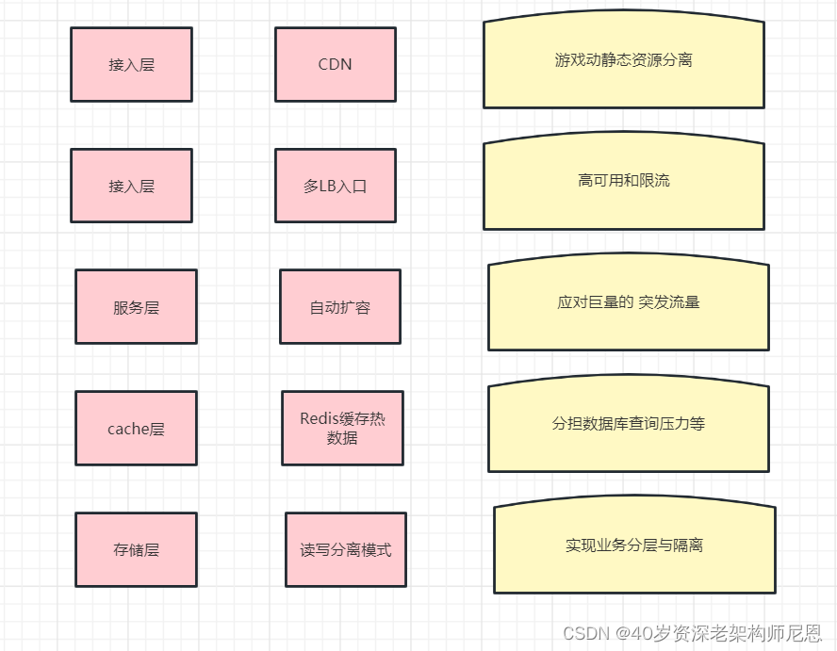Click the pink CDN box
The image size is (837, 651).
pos(335,64)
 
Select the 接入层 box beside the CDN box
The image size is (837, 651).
pos(131,64)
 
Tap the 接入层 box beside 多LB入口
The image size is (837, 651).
pos(131,186)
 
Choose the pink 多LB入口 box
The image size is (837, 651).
pos(335,186)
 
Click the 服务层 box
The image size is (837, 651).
pos(136,307)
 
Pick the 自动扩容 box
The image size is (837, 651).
pos(339,307)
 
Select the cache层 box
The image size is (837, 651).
pos(136,429)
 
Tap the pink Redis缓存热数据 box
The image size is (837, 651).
pos(342,429)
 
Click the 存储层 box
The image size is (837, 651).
pos(136,549)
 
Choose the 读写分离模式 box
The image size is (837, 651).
pos(345,549)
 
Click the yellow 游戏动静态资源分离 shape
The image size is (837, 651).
pos(623,62)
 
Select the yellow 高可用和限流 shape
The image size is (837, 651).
pos(623,182)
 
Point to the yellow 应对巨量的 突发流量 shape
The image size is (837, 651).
pos(628,303)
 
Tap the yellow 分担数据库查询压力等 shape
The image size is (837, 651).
pos(628,425)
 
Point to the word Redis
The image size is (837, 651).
pos(320,419)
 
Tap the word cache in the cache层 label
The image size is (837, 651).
pos(129,430)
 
